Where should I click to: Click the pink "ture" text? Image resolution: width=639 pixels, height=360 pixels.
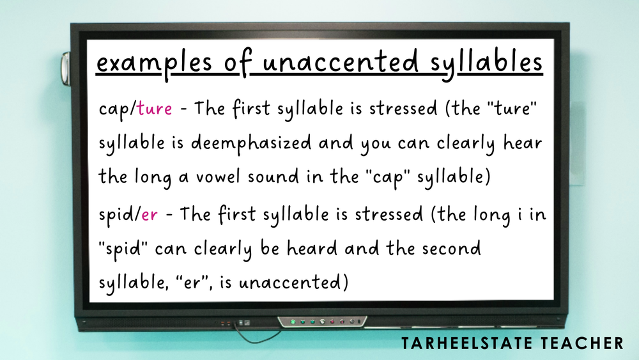(x=155, y=109)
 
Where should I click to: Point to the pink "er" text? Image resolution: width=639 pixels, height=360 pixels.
(x=150, y=215)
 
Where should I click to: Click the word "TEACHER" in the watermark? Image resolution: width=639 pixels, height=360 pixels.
(x=589, y=344)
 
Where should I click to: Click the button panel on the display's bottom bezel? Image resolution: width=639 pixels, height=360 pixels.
(x=323, y=320)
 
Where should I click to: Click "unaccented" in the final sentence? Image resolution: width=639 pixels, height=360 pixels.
(x=293, y=282)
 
